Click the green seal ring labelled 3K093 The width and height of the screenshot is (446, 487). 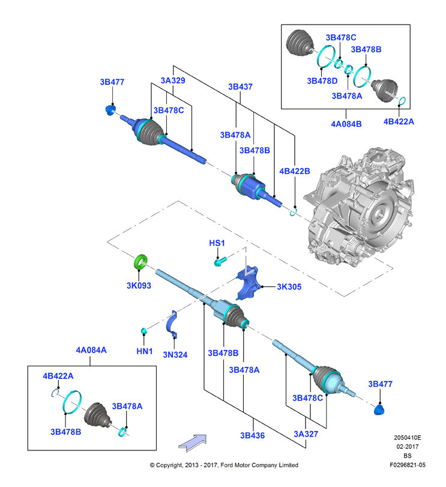pyautogui.click(x=140, y=262)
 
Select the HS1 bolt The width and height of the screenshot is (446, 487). pyautogui.click(x=220, y=261)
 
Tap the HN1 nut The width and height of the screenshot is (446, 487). pyautogui.click(x=143, y=331)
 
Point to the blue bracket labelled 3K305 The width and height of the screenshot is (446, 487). pyautogui.click(x=249, y=283)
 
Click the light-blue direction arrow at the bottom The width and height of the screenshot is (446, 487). pyautogui.click(x=193, y=443)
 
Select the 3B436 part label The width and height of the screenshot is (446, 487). pyautogui.click(x=252, y=435)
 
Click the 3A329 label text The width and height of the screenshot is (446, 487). pyautogui.click(x=173, y=80)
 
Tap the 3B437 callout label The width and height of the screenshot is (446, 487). pyautogui.click(x=240, y=86)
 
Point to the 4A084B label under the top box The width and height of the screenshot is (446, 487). pyautogui.click(x=346, y=124)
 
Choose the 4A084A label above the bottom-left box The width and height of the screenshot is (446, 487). pyautogui.click(x=91, y=350)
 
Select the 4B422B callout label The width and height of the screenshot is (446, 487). pyautogui.click(x=295, y=171)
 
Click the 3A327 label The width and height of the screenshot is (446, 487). pyautogui.click(x=306, y=434)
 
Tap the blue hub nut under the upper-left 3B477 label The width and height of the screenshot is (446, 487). pyautogui.click(x=110, y=110)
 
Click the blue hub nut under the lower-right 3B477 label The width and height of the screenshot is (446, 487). pyautogui.click(x=379, y=410)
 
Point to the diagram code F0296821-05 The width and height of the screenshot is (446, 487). pyautogui.click(x=408, y=465)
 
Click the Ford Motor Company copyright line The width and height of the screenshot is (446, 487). pyautogui.click(x=224, y=465)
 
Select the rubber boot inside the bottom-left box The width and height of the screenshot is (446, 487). pyautogui.click(x=97, y=416)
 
